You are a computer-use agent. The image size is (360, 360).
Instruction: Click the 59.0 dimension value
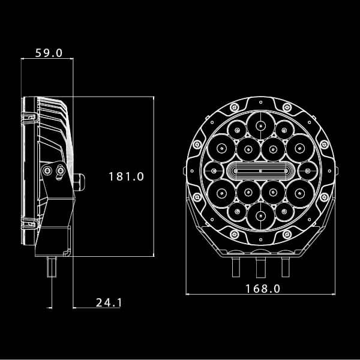click(x=49, y=53)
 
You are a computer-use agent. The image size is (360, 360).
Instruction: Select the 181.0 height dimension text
click(x=127, y=176)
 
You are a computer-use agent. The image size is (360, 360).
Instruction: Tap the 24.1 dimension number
click(x=109, y=302)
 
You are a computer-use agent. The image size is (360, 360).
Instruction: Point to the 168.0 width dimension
click(x=263, y=289)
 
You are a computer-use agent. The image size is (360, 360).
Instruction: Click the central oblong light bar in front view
click(x=260, y=171)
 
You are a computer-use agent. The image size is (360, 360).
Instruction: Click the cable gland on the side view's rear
click(x=79, y=180)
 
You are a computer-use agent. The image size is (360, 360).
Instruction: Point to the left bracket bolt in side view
click(x=47, y=172)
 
